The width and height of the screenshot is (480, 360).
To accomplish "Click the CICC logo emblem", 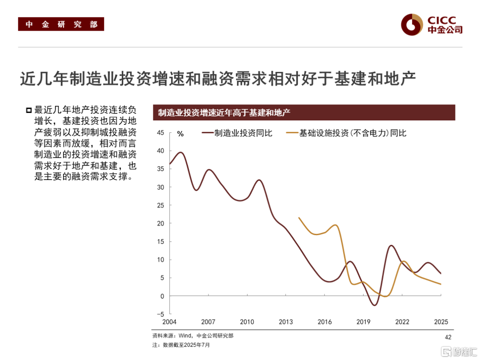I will pyautogui.click(x=412, y=24).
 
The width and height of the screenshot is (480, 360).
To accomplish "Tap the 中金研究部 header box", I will pyautogui.click(x=61, y=24).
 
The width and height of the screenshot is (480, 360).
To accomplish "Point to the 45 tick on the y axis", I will pyautogui.click(x=160, y=132).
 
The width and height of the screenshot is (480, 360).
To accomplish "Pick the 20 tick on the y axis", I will pyautogui.click(x=160, y=224).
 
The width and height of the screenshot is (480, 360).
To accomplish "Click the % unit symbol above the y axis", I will pyautogui.click(x=180, y=133).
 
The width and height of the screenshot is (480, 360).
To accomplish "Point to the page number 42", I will pyautogui.click(x=448, y=338).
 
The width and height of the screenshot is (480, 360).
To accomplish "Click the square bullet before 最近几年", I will pyautogui.click(x=29, y=110).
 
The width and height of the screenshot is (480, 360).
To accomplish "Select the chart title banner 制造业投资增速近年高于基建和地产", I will pyautogui.click(x=304, y=112).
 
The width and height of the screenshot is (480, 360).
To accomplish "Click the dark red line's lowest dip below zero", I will pyautogui.click(x=375, y=305).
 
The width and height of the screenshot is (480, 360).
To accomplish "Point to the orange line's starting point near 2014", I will pyautogui.click(x=299, y=218).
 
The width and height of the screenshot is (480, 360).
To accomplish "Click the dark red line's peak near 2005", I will pyautogui.click(x=180, y=152).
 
